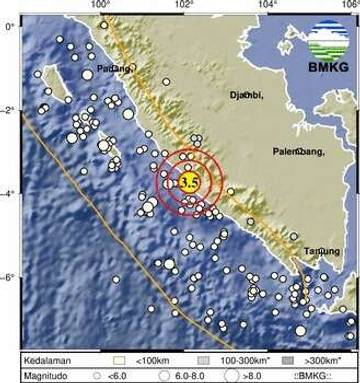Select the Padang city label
click(113, 69)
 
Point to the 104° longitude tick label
click(267, 6)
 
